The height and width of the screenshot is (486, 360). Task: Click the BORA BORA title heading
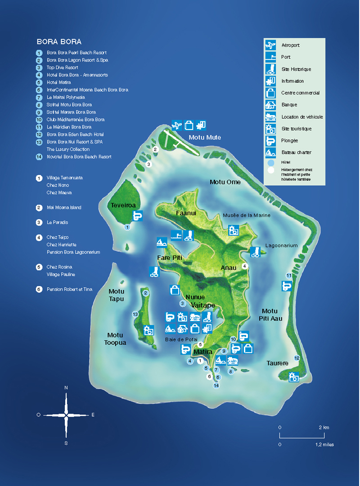[59, 42]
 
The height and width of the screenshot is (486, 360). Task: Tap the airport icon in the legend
[270, 45]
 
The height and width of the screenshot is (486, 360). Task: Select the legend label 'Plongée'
[289, 141]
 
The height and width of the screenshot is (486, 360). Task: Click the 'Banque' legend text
[289, 105]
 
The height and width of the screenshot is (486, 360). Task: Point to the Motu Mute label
[205, 138]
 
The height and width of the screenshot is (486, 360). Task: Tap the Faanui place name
[186, 213]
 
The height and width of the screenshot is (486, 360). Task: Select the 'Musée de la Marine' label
[247, 215]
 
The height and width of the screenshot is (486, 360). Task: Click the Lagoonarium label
[281, 246]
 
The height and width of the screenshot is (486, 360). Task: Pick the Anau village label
[228, 268]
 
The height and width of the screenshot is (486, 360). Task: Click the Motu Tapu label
[116, 295]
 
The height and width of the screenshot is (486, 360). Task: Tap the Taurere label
[277, 363]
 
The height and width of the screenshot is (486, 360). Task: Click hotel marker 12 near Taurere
[297, 358]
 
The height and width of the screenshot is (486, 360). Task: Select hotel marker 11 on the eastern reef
[288, 276]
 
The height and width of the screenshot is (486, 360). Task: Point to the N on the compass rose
[66, 387]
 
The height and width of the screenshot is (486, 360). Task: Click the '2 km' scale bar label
[324, 427]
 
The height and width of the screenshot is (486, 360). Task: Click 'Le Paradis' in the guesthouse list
[57, 223]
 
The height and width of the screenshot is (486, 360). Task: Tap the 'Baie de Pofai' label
[179, 339]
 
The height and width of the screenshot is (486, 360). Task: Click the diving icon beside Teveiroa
[138, 215]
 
